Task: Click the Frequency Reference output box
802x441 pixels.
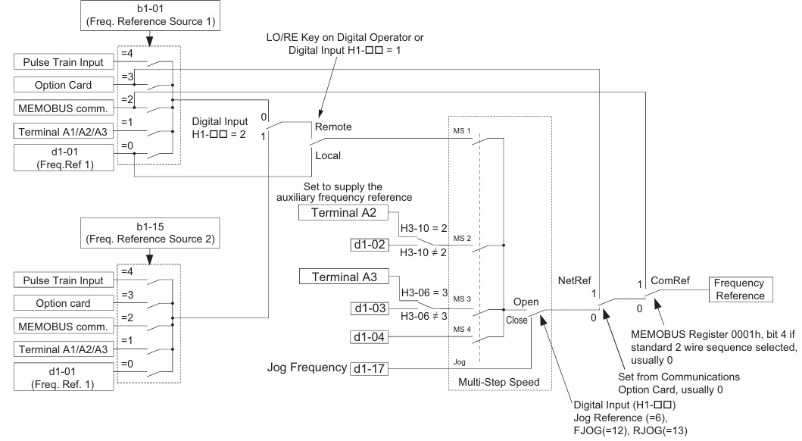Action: pyautogui.click(x=740, y=289)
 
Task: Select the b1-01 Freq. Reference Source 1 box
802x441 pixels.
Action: pyautogui.click(x=151, y=15)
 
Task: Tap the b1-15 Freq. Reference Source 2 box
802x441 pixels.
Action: pyautogui.click(x=150, y=233)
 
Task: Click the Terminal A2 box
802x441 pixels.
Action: pyautogui.click(x=343, y=213)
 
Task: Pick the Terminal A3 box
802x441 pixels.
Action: pyautogui.click(x=344, y=277)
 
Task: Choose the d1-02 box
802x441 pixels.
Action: pyautogui.click(x=370, y=245)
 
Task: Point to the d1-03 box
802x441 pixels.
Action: pyautogui.click(x=370, y=308)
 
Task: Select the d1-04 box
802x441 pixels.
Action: pyautogui.click(x=370, y=337)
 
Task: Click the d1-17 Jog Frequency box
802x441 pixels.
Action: pyautogui.click(x=370, y=368)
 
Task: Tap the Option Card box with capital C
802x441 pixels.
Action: pyautogui.click(x=64, y=85)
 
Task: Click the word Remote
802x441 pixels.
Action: pyautogui.click(x=333, y=127)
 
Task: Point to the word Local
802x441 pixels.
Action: pyautogui.click(x=328, y=155)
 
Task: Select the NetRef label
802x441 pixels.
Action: pyautogui.click(x=574, y=280)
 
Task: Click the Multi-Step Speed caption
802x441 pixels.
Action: pyautogui.click(x=498, y=382)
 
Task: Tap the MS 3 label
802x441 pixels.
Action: pyautogui.click(x=462, y=299)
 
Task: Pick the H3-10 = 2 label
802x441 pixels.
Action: pyautogui.click(x=423, y=228)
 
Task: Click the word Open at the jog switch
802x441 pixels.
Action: pyautogui.click(x=526, y=302)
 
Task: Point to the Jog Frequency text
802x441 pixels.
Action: pyautogui.click(x=307, y=367)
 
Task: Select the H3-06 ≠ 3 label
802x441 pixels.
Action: pyautogui.click(x=424, y=316)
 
